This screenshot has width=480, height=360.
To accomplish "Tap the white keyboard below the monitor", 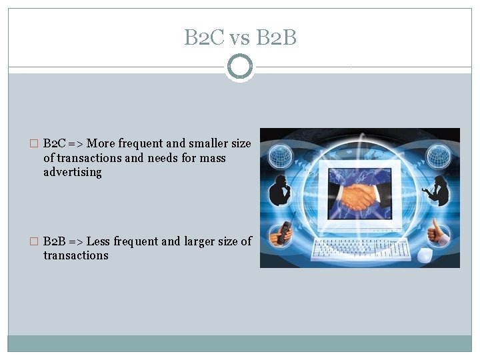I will click(x=361, y=248).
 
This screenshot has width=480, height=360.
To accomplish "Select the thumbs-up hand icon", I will click(x=439, y=233).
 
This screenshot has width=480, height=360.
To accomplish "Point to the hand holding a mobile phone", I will click(x=281, y=233).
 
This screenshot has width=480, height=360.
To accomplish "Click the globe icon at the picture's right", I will click(x=439, y=158).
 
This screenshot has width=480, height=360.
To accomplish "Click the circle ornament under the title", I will click(x=240, y=67).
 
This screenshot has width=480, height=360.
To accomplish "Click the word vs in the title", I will click(x=239, y=39).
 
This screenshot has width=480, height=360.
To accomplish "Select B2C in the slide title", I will click(x=204, y=39).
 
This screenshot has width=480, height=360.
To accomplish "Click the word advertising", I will click(x=73, y=172).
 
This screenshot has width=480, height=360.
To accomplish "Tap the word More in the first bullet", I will click(x=101, y=143).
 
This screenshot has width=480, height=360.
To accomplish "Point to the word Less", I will click(x=100, y=241).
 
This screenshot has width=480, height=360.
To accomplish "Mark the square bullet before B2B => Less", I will click(x=35, y=241).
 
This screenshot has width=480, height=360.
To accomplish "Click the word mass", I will click(x=213, y=158).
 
